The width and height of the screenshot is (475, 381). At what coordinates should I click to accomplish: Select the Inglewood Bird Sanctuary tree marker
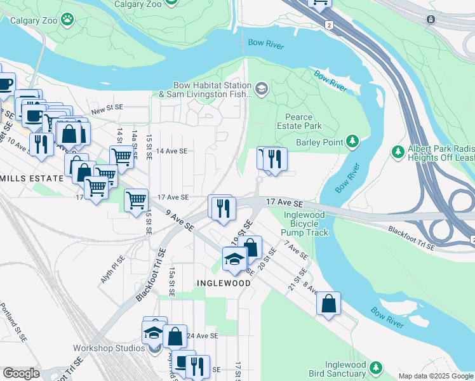click(x=376, y=368)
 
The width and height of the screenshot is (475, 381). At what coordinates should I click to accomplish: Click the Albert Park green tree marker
click(x=398, y=152)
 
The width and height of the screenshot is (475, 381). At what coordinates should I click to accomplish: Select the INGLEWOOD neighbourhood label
click(x=220, y=283)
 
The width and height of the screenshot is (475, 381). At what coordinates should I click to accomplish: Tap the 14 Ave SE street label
click(x=172, y=151)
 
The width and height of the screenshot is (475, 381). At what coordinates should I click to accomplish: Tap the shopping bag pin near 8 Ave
click(x=328, y=304)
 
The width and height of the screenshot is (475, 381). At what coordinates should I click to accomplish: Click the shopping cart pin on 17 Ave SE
click(x=137, y=201)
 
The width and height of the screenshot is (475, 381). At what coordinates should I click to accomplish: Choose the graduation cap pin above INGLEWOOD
click(x=234, y=258)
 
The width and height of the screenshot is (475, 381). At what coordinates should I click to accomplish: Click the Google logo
click(x=21, y=373)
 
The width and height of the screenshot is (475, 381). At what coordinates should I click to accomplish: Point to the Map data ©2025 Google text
click(x=435, y=376)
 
